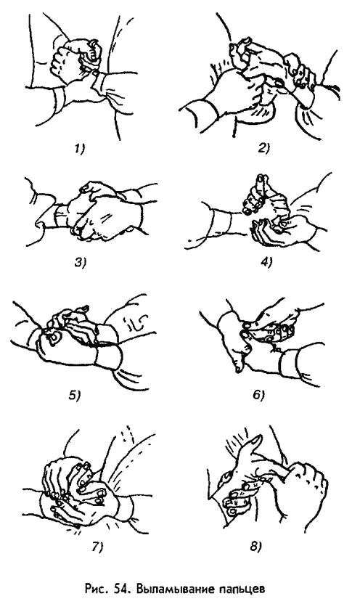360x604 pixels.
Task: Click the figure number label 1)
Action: tap(79, 149)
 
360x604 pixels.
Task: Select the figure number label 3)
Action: tap(80, 263)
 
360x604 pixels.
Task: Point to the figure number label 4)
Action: tap(266, 263)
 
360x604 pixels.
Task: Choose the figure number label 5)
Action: tap(74, 395)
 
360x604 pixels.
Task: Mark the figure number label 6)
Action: tap(259, 395)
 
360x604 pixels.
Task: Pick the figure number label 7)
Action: tap(97, 547)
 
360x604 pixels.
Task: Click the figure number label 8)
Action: tap(255, 547)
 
